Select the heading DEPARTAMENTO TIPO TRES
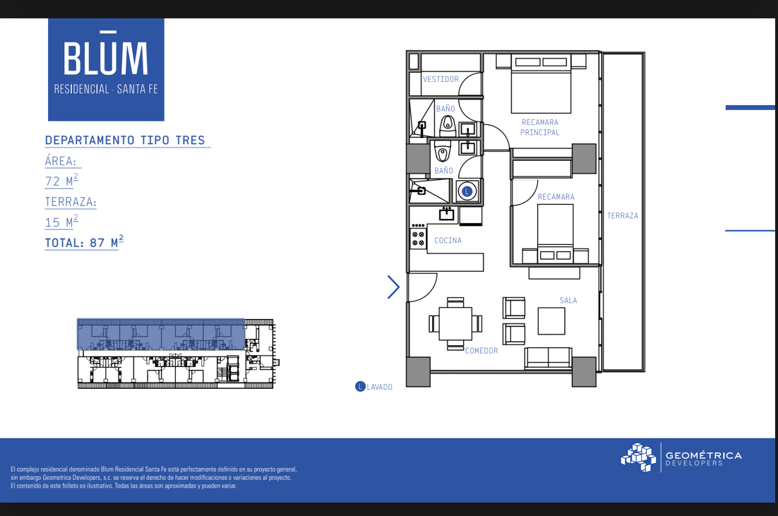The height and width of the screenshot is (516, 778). (125, 140)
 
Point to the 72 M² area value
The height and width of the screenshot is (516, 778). (61, 181)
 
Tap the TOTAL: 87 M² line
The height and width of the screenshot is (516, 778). (84, 242)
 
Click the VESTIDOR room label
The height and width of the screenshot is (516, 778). (441, 79)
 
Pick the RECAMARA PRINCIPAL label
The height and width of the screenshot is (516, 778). (540, 128)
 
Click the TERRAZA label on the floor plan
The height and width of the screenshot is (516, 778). (623, 216)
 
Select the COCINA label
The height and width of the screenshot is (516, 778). (448, 240)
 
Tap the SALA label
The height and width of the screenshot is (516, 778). (568, 300)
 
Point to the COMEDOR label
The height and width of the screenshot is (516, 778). (481, 351)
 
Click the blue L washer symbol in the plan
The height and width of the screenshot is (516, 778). (467, 191)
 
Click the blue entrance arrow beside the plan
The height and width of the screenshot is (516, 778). (393, 287)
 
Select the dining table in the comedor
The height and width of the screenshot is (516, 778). (455, 323)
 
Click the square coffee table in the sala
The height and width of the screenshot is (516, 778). (551, 321)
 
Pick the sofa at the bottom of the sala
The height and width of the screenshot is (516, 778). (548, 358)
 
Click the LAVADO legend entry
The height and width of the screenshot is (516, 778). (374, 387)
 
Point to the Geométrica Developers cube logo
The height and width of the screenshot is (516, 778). (639, 457)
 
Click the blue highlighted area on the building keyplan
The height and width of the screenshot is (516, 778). (161, 335)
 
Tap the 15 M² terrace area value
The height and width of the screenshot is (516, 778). (61, 222)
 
